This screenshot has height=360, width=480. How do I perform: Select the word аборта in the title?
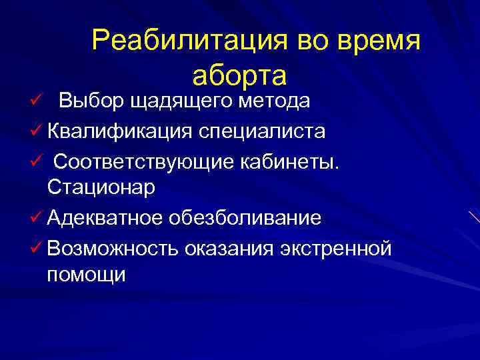[239, 75]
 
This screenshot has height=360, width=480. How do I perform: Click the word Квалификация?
[121, 131]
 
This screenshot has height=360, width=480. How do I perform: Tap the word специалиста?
[262, 131]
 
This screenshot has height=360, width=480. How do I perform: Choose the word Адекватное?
[111, 218]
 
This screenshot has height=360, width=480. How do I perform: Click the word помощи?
[86, 274]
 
